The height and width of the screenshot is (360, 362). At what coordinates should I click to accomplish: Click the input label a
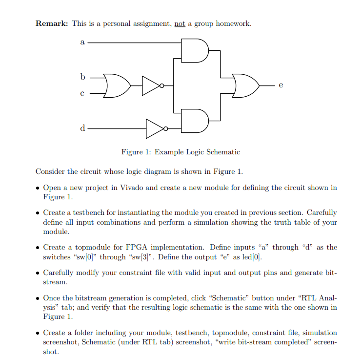[82, 42]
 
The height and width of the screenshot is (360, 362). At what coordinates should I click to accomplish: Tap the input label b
[82, 77]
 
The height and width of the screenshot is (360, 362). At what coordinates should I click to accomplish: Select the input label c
[82, 93]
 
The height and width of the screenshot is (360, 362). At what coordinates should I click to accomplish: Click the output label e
[281, 85]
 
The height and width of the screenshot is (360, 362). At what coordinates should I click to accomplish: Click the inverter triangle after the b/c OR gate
[151, 85]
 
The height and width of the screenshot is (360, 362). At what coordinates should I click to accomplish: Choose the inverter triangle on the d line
[156, 128]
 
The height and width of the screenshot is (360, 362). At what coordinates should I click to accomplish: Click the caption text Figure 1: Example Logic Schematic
[181, 152]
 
